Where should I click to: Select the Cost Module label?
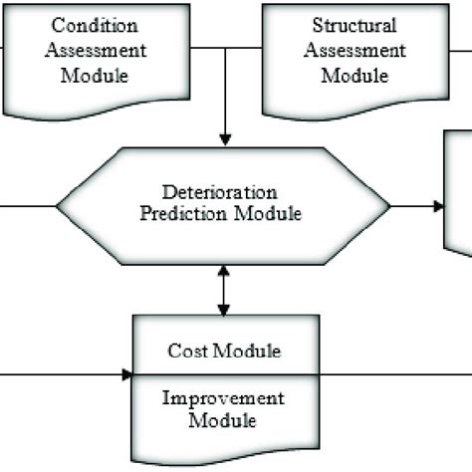224,351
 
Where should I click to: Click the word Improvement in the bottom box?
224,398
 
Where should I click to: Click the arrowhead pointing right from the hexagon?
438,206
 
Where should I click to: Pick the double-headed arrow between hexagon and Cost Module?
226,289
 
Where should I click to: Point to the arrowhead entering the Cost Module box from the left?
127,375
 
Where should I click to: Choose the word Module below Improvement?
224,420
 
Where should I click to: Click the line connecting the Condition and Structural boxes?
226,47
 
